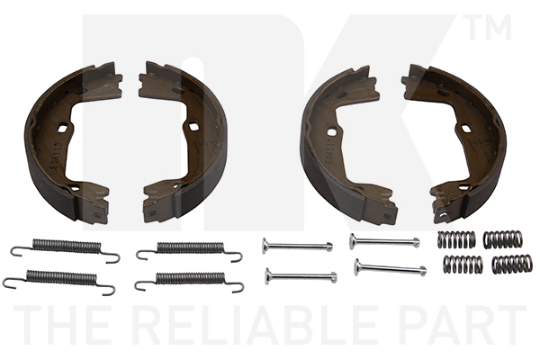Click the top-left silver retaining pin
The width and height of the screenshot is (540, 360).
pos(297,246)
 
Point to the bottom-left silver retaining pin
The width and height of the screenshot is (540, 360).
pos(301,276)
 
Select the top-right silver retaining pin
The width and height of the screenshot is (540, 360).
pos(384,241)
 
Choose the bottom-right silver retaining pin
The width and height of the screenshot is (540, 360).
pos(391,267)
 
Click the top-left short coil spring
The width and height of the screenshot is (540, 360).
pos(456,239)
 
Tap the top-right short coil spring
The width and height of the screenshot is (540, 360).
pos(502,239)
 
